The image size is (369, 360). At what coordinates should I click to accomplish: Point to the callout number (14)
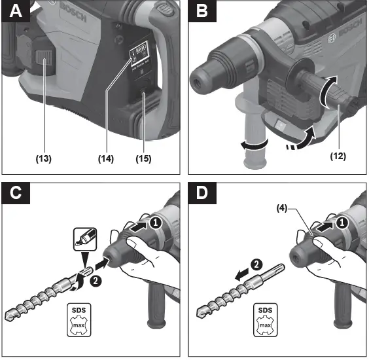[105, 158]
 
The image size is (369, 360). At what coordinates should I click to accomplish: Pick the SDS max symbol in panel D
[264, 320]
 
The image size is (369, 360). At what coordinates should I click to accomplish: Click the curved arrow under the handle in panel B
[304, 139]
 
